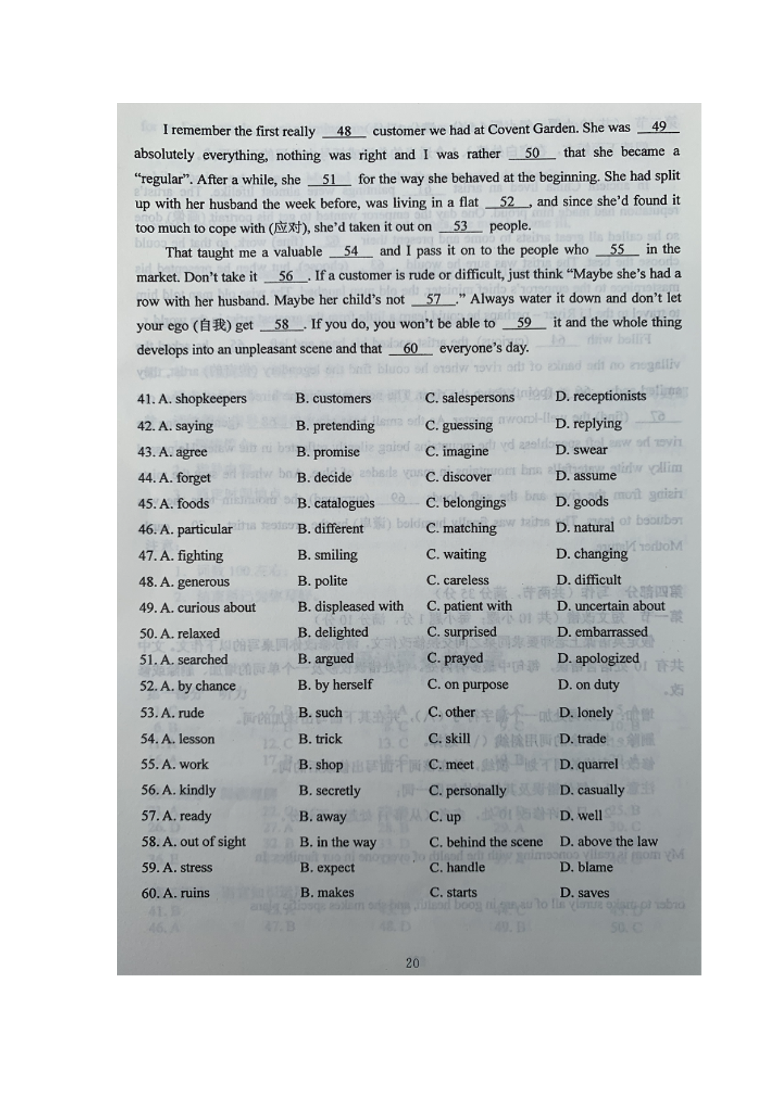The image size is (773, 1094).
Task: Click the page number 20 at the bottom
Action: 412,962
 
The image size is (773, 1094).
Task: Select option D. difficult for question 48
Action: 588,580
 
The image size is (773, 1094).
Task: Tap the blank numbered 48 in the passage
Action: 343,131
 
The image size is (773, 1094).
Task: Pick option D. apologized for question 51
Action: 598,658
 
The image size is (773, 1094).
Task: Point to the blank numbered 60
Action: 410,348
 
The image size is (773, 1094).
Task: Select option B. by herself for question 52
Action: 335,684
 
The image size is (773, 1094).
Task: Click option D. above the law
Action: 608,841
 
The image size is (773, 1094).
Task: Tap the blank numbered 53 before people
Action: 460,226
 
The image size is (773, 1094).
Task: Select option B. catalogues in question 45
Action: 335,503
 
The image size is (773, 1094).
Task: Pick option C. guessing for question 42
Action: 459,425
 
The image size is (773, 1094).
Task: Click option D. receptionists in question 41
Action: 600,396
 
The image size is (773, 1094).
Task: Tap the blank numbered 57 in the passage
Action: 433,300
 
